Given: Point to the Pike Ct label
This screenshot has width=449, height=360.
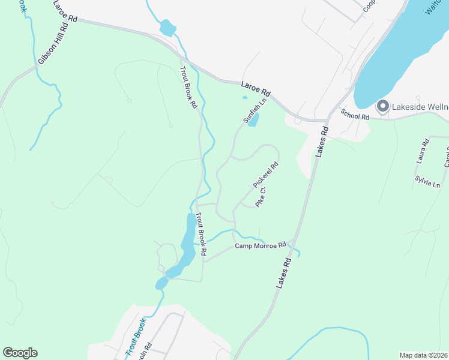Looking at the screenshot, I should [x=261, y=197].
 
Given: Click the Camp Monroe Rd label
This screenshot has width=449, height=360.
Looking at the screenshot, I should [x=260, y=246].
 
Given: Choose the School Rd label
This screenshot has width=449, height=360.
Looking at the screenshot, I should [x=354, y=114].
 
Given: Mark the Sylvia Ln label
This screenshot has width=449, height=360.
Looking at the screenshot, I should [x=427, y=182].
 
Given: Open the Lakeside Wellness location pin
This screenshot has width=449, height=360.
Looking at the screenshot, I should [x=382, y=107].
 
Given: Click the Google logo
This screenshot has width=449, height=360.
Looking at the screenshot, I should [x=20, y=353].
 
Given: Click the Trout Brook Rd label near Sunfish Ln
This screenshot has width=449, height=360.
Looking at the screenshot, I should [x=189, y=87].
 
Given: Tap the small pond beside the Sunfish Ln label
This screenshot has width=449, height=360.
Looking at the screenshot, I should [x=253, y=120].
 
